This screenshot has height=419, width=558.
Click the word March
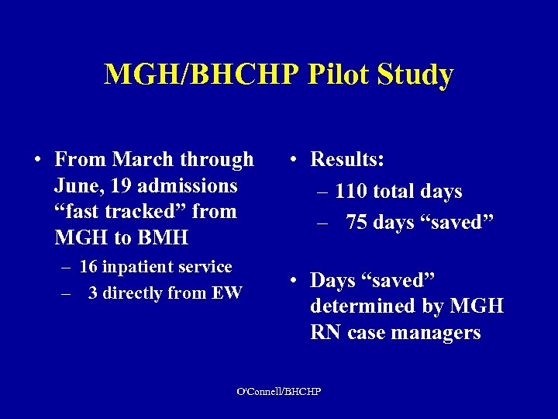143,160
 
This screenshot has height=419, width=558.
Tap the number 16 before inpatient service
88,267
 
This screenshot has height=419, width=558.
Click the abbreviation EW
230,293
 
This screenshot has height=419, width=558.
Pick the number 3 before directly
93,293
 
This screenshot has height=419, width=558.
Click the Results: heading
347,160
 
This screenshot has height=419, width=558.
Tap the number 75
357,222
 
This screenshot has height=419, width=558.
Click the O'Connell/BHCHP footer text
278,390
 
